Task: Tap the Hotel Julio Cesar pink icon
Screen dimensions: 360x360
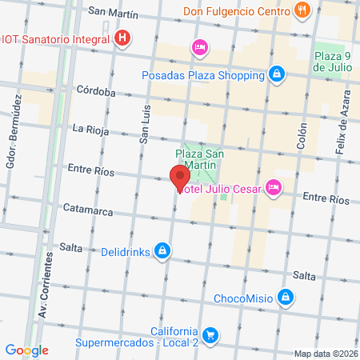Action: (x=274, y=186)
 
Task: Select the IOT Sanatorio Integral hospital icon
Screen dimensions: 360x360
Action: (x=122, y=38)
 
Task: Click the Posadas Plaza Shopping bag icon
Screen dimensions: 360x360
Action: (x=276, y=75)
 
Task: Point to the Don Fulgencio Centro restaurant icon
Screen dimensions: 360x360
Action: (x=302, y=11)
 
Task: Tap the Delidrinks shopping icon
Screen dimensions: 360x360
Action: (x=162, y=251)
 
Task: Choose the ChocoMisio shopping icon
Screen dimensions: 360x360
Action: (x=286, y=299)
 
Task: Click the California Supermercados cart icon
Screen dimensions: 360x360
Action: (x=210, y=334)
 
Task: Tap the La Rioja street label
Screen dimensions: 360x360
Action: (x=90, y=128)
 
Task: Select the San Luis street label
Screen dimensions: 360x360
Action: (x=145, y=127)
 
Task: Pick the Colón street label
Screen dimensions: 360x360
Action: (x=302, y=134)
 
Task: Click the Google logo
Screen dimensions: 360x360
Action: (x=27, y=350)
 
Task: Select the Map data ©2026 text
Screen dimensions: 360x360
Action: (x=324, y=354)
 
